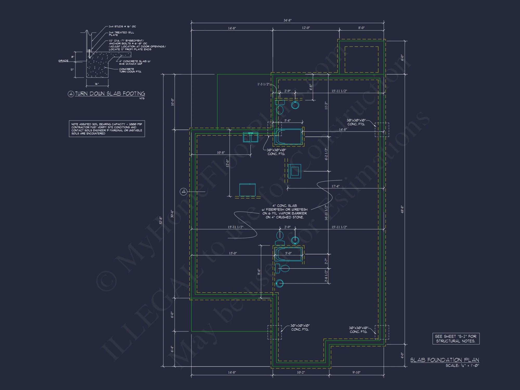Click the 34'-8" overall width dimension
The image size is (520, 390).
[287, 20]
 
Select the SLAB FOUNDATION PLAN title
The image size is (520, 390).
[445, 360]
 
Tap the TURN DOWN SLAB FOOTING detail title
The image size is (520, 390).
[110, 94]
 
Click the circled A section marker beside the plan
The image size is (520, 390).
[184, 192]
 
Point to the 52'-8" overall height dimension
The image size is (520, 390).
[161, 220]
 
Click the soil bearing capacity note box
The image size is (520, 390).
[107, 129]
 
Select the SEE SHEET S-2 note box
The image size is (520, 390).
[456, 339]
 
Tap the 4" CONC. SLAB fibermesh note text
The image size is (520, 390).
[284, 211]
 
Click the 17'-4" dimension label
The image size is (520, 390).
[335, 186]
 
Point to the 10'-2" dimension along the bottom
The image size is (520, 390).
[301, 372]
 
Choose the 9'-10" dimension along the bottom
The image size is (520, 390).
[356, 372]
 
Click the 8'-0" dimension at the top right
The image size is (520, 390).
[361, 28]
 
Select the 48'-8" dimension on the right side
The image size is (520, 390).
[402, 209]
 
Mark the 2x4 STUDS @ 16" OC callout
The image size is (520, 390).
[122, 27]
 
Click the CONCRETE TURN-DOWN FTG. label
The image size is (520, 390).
[130, 70]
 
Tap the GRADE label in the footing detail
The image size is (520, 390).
[63, 61]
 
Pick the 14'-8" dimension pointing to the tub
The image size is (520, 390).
[343, 129]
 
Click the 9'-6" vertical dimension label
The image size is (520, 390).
[259, 272]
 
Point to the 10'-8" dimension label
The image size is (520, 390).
[221, 153]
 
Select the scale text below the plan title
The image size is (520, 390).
[462, 366]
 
